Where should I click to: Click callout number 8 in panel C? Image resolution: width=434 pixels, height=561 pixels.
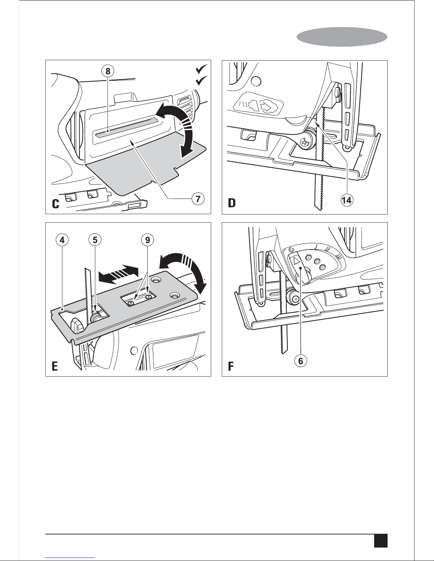click(x=108, y=71)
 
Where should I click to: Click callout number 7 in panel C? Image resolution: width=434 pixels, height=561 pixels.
click(x=198, y=199)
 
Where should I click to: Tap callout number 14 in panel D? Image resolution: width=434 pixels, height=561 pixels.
click(x=347, y=200)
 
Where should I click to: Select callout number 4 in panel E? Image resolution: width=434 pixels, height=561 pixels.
click(x=62, y=240)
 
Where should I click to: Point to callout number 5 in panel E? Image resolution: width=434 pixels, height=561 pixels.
click(x=95, y=240)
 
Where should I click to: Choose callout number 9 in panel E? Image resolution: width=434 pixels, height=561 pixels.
click(x=147, y=240)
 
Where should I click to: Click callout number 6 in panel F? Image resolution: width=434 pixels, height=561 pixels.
click(x=301, y=361)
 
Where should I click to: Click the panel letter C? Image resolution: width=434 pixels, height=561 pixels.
click(x=56, y=204)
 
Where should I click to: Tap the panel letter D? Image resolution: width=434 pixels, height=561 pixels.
click(x=232, y=203)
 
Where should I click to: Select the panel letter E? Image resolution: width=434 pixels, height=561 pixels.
click(x=55, y=366)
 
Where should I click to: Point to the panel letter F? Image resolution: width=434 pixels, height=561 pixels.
click(x=231, y=366)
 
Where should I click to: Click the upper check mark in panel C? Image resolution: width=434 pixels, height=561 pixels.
click(x=202, y=69)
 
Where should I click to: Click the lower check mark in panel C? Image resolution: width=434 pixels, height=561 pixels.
click(x=202, y=81)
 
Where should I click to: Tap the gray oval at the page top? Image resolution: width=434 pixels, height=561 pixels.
click(x=342, y=37)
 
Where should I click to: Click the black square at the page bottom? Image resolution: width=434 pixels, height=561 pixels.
click(x=381, y=540)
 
